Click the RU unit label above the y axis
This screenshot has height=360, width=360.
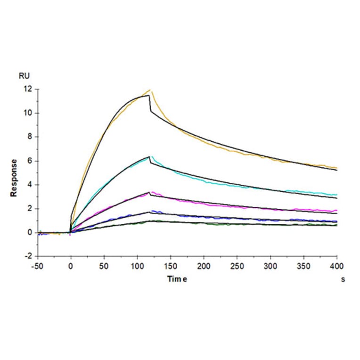point(23,75)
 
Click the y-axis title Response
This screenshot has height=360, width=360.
point(14,177)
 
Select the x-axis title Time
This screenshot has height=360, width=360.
point(178,279)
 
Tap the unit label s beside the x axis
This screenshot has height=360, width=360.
point(343,279)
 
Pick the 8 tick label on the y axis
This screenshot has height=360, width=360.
point(31,137)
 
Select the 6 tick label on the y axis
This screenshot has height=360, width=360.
point(31,161)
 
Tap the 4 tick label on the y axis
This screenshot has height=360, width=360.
point(31,185)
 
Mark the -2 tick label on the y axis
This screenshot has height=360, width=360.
point(30,257)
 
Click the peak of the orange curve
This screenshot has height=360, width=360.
point(150,90)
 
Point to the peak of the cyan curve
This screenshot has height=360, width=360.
point(151,156)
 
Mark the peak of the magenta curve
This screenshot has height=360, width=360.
point(152,192)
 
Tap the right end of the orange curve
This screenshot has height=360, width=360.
point(336,168)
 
